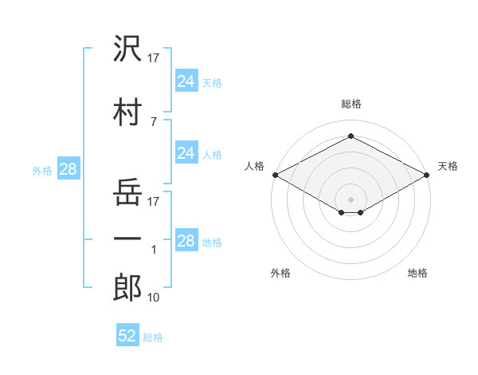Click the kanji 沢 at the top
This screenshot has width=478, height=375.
click(127, 49)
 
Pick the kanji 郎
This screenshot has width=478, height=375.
click(127, 287)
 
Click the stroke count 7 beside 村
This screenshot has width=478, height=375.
click(153, 121)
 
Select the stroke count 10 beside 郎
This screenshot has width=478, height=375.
click(154, 298)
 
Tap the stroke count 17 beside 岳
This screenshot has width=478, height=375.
click(154, 201)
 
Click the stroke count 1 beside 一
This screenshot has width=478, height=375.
click(154, 250)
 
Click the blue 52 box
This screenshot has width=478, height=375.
click(127, 336)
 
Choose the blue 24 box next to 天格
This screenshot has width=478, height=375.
click(186, 81)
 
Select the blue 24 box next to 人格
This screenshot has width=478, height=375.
click(186, 153)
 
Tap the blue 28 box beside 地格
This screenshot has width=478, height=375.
click(186, 241)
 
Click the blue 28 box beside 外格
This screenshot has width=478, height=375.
click(68, 169)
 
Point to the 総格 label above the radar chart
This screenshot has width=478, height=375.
click(351, 104)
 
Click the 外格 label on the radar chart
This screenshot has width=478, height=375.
click(280, 273)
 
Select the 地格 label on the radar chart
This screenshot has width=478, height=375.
click(417, 273)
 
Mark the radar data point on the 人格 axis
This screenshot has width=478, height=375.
click(275, 175)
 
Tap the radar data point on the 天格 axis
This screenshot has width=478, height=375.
click(427, 175)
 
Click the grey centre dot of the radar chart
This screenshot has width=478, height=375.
click(351, 198)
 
